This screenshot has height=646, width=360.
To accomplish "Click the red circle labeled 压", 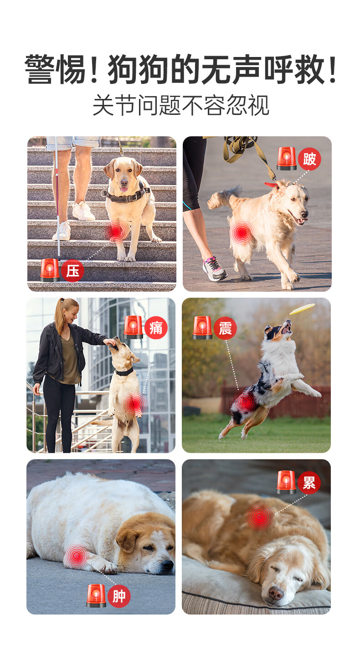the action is pyautogui.click(x=72, y=271).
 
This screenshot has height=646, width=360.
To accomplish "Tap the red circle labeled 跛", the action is pyautogui.click(x=309, y=159).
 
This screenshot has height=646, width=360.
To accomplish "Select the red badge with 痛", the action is pyautogui.click(x=156, y=328).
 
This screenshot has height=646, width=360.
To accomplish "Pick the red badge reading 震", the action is pyautogui.click(x=225, y=328).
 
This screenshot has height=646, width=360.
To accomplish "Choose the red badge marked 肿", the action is pyautogui.click(x=119, y=596).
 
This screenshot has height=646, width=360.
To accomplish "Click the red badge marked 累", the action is pyautogui.click(x=309, y=483).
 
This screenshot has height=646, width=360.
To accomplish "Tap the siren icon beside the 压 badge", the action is pyautogui.click(x=50, y=270).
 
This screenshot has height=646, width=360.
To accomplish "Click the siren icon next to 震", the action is pyautogui.click(x=202, y=328).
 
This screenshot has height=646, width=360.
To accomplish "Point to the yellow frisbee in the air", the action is pyautogui.click(x=302, y=309).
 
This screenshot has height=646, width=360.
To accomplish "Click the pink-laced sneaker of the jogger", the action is pyautogui.click(x=215, y=269).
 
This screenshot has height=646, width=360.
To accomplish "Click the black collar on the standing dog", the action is pyautogui.click(x=124, y=372).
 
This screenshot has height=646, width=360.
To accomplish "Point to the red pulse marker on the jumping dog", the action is pyautogui.click(x=245, y=401).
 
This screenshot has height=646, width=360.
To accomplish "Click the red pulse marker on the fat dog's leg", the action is pyautogui.click(x=76, y=555).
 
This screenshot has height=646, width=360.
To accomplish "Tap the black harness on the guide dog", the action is pyautogui.click(x=127, y=195).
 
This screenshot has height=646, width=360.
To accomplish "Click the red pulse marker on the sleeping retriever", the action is pyautogui.click(x=259, y=517).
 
